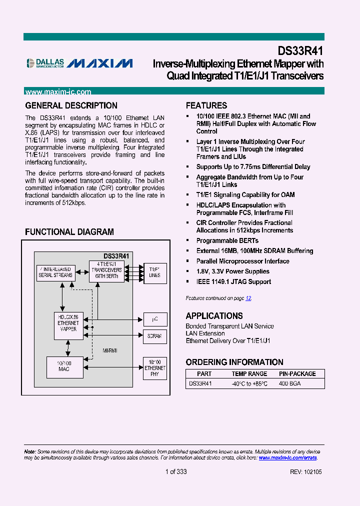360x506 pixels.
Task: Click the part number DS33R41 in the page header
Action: pyautogui.click(x=300, y=51)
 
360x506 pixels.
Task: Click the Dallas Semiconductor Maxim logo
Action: pyautogui.click(x=79, y=63)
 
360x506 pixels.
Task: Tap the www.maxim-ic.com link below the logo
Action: pyautogui.click(x=58, y=92)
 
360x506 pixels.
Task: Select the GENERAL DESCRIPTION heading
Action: pyautogui.click(x=71, y=105)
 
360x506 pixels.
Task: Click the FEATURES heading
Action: pyautogui.click(x=206, y=105)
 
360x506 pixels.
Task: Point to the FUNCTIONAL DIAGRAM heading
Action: pyautogui.click(x=69, y=232)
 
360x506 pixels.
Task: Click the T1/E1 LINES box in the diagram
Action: pyautogui.click(x=154, y=272)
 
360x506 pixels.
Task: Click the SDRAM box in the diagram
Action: pyautogui.click(x=154, y=336)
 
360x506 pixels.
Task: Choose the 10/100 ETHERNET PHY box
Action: pyautogui.click(x=154, y=368)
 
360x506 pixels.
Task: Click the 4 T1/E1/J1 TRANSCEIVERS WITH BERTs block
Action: pyautogui.click(x=106, y=270)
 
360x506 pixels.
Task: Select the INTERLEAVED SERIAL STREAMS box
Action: pyautogui.click(x=55, y=271)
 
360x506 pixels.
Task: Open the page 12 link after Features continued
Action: pyautogui.click(x=248, y=298)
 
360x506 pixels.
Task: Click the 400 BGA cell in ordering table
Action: pyautogui.click(x=290, y=383)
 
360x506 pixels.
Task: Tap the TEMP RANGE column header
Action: pyautogui.click(x=249, y=373)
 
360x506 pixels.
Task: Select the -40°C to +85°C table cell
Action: pyautogui.click(x=249, y=383)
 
